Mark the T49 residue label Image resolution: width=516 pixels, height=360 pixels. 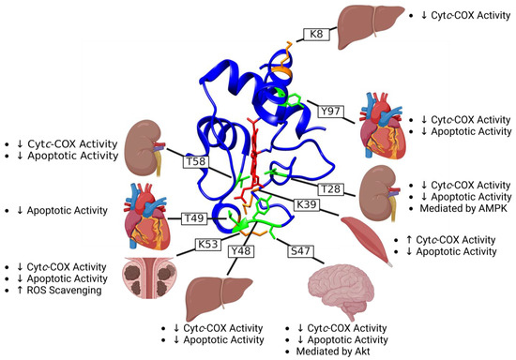click(195, 218)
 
